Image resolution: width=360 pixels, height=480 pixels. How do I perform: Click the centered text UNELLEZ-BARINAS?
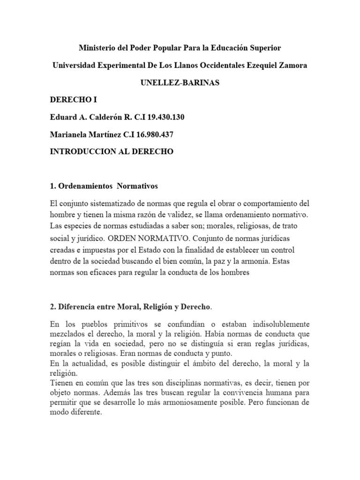(x=180, y=82)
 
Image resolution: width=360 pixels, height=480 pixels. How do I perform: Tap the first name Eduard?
(x=61, y=117)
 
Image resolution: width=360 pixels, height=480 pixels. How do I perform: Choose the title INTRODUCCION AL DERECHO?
(x=112, y=151)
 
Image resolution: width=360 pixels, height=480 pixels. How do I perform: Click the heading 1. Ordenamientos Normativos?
(x=104, y=186)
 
